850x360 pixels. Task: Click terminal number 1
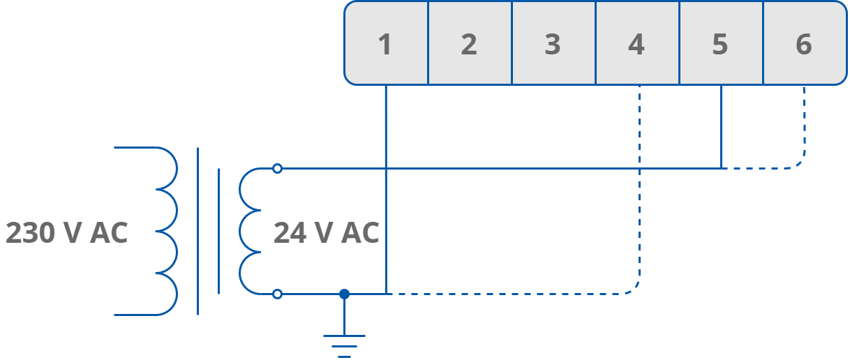coord(385,44)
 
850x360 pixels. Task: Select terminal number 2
coord(469,44)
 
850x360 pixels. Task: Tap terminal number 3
coord(553,44)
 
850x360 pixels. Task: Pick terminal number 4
coord(636,44)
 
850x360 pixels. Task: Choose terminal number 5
coord(720,44)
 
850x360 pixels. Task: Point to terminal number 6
coord(804,44)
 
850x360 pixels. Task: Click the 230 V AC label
coord(67,233)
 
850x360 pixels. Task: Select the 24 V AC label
coord(326,233)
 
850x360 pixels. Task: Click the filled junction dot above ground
coord(344,294)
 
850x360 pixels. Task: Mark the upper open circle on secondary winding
coord(277,168)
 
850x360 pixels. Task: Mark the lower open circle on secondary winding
coord(277,294)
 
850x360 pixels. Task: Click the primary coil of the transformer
coord(167,231)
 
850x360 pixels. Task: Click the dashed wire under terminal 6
coord(804,126)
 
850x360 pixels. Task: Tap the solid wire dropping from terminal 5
coord(721,126)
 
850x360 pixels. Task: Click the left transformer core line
coord(198,231)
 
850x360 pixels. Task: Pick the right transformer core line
coord(219,231)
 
